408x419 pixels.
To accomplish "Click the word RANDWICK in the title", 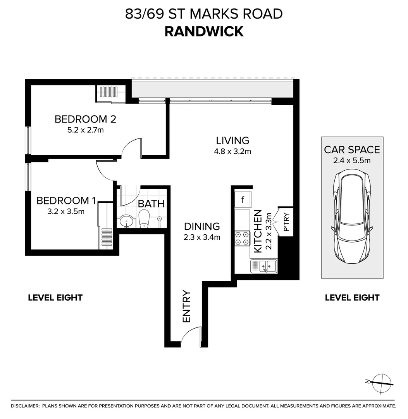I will [x=204, y=31].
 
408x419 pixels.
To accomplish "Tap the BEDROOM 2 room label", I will [x=85, y=119].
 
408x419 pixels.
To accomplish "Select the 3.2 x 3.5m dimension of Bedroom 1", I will [x=65, y=211].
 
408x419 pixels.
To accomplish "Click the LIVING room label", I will [x=232, y=140].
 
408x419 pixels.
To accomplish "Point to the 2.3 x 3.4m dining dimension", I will [x=202, y=237].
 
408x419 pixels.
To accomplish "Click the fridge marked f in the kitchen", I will [x=243, y=200].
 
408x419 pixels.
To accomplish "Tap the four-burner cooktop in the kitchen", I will [x=242, y=239].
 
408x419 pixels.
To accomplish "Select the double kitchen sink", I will [x=264, y=266].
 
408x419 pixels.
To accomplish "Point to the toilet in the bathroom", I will [x=144, y=219].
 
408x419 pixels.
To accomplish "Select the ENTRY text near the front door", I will [x=187, y=306].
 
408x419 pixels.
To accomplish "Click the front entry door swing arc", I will [x=190, y=336].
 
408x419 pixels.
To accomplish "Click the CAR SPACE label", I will [x=352, y=150].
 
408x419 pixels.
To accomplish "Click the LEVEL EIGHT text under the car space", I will [x=352, y=298].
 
